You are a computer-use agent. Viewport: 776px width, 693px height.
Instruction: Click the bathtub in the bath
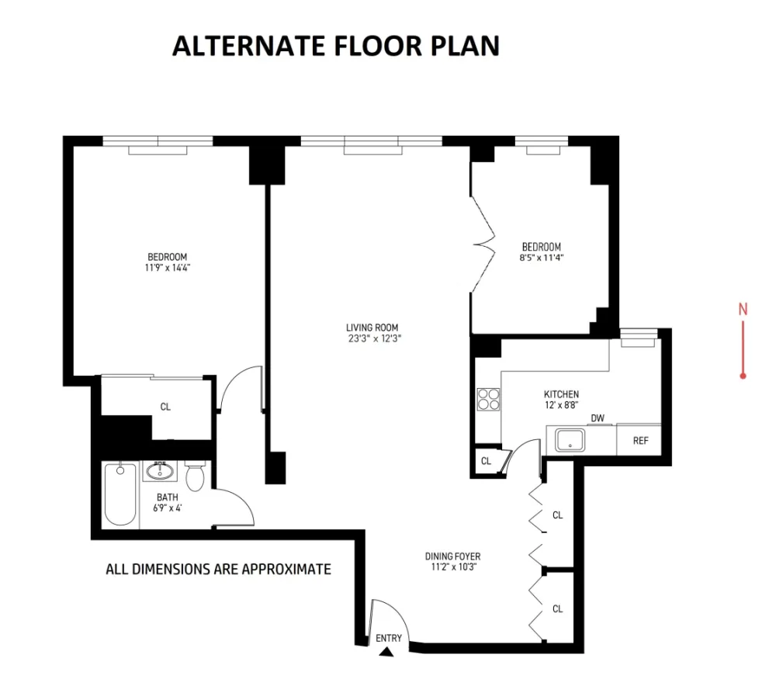pos(120,494)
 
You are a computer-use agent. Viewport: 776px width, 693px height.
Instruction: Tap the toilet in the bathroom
pos(195,476)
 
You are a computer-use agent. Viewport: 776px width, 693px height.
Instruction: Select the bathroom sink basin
pos(159,471)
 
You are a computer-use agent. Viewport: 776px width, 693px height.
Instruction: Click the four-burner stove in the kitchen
pos(488,400)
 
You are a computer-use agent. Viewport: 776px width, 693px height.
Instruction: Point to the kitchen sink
pos(570,440)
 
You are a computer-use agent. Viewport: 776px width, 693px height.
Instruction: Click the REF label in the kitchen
pos(640,441)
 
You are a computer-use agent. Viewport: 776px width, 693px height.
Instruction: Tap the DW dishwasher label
pos(598,418)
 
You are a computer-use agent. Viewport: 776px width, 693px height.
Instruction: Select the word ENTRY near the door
pos(389,638)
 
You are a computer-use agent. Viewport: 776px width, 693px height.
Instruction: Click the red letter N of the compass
pos(743,310)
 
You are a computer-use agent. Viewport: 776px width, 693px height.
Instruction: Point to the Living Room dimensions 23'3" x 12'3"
pos(374,338)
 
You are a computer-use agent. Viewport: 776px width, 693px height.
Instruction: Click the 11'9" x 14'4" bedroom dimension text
pos(168,268)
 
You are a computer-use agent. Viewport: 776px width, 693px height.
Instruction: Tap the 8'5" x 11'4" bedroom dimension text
pos(542,258)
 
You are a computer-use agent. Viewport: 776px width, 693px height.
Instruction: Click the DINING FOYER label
pos(452,556)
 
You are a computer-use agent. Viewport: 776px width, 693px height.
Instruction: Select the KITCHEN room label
pos(561,394)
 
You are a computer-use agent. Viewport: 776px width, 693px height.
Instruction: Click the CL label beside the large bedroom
pos(165,407)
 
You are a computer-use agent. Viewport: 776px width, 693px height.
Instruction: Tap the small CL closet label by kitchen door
pos(486,461)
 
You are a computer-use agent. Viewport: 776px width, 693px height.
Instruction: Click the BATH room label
pos(168,497)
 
